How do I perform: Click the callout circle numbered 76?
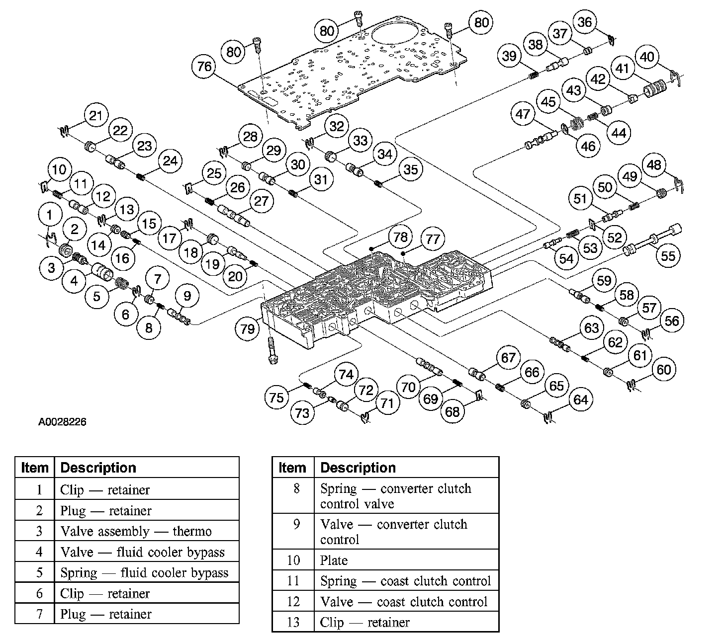[204, 67]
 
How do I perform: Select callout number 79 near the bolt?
[247, 328]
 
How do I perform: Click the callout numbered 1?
[50, 215]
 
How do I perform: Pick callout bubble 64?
[580, 399]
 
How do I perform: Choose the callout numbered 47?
[523, 115]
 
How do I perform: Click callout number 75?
[276, 397]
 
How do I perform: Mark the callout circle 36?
[585, 22]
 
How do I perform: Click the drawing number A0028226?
[63, 422]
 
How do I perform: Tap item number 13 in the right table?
[293, 622]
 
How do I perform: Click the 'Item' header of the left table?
[35, 468]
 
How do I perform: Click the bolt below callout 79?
[271, 351]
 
